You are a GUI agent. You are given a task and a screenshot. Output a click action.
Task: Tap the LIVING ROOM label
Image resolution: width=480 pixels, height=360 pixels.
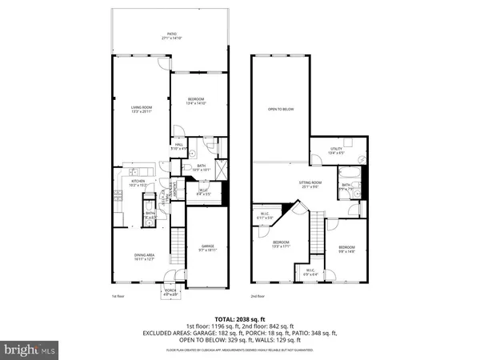pos(141,110)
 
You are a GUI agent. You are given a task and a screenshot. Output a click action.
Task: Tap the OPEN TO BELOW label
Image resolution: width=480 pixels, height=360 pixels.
pos(279,109)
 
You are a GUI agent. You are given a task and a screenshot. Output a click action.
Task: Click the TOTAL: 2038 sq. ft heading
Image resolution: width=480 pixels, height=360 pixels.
pos(240,317)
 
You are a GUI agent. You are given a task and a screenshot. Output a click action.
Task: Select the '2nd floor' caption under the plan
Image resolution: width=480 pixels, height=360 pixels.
pos(258,296)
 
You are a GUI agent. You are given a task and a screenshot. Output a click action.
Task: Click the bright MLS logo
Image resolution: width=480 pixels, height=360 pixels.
pos(30,350)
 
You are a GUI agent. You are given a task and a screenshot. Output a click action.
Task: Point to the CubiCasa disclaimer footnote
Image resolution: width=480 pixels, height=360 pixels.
pos(240,350)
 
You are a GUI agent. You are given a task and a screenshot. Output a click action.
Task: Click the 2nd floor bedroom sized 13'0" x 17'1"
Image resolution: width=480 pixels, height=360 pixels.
pos(280,244)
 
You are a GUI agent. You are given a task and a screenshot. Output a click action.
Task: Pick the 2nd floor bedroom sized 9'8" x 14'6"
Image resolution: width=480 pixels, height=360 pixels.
pos(346,250)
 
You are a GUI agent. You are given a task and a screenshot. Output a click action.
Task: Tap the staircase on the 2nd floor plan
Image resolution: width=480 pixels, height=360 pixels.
pos(318,232)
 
